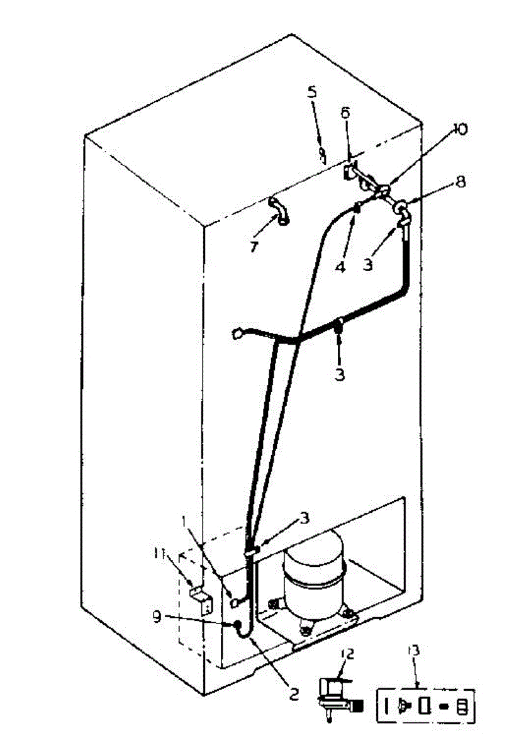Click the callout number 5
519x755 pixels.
coord(313,91)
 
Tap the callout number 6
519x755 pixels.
coord(345,113)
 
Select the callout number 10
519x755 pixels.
coord(460,129)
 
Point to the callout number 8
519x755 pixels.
coord(461,182)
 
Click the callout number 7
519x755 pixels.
coord(254,247)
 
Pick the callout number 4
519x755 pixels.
coord(340,267)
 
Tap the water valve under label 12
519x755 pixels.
coord(337,696)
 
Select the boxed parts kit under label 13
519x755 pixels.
coord(425,706)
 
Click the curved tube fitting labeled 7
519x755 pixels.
coord(278,210)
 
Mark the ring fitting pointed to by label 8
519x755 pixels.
coord(400,206)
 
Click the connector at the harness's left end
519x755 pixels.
coord(237,333)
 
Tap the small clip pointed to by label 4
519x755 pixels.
coord(356,207)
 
